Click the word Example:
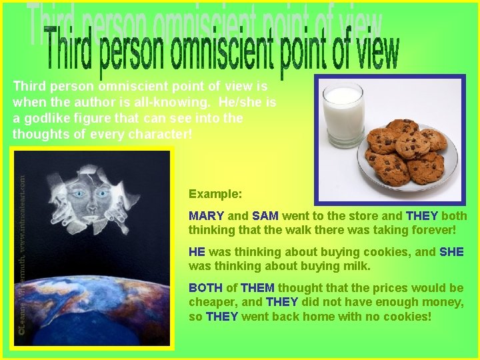click(215, 194)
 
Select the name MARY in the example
click(206, 216)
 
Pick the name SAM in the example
click(265, 216)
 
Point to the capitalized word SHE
click(451, 252)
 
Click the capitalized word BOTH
click(205, 288)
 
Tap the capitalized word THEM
click(257, 288)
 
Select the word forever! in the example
click(433, 230)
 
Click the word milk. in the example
click(355, 266)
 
